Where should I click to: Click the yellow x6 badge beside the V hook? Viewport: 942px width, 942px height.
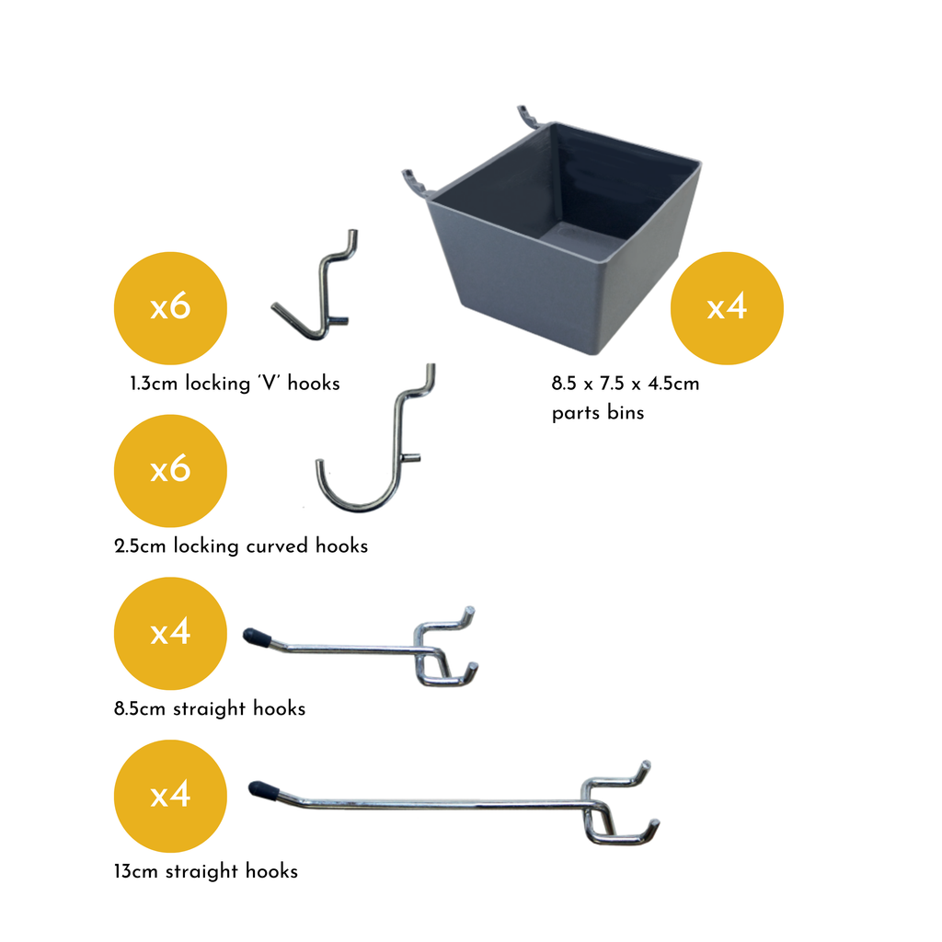tap(170, 307)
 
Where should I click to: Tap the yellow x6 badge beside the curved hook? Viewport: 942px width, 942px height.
tap(170, 470)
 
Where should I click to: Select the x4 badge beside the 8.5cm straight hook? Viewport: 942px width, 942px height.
tap(170, 633)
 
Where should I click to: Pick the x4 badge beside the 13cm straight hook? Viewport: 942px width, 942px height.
tap(170, 796)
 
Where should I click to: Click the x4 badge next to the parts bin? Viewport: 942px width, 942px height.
tap(727, 307)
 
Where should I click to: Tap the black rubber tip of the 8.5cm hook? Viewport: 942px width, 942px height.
tap(257, 637)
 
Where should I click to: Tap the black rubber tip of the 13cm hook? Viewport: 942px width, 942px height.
tap(263, 790)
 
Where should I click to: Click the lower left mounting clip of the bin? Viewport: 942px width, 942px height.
tap(417, 183)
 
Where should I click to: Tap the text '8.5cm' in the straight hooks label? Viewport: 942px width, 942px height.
tap(140, 709)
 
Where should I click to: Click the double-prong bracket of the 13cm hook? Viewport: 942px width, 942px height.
tap(619, 805)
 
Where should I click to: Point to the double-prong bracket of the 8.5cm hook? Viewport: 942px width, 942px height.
tap(444, 648)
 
